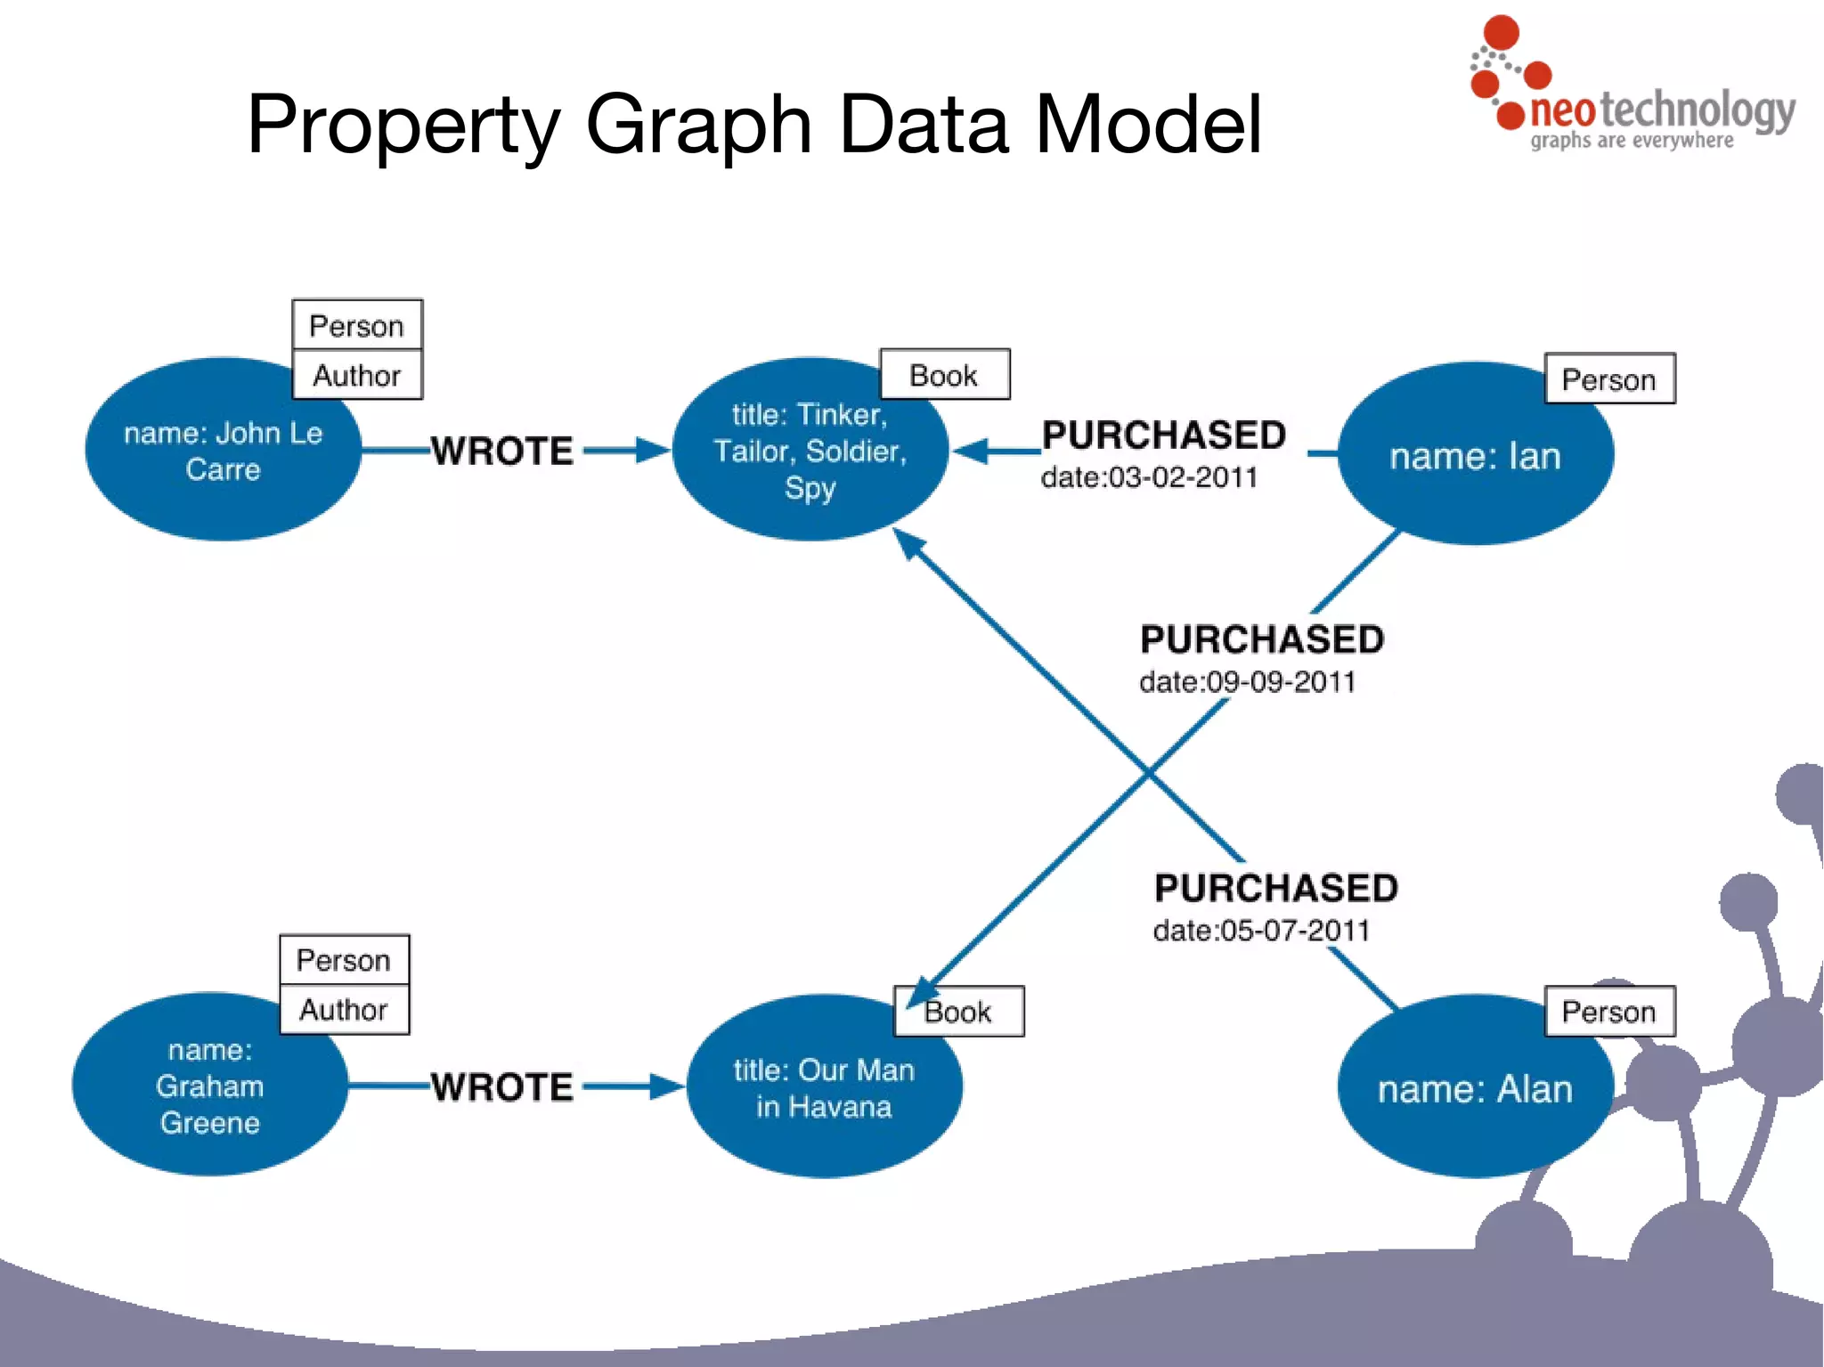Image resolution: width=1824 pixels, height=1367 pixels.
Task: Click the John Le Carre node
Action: (223, 451)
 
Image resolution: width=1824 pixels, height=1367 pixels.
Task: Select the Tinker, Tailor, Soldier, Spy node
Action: (809, 451)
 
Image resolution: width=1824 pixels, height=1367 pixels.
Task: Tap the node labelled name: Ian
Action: (1475, 456)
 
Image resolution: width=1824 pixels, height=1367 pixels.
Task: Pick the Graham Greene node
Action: (209, 1086)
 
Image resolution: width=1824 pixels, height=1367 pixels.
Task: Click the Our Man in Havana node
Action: (824, 1087)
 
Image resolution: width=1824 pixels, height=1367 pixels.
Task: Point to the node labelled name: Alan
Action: (1475, 1088)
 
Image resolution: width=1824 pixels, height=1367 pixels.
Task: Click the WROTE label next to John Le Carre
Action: (502, 452)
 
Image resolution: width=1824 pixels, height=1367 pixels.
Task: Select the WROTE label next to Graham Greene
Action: (502, 1087)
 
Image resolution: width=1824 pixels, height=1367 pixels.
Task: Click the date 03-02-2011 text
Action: (1149, 478)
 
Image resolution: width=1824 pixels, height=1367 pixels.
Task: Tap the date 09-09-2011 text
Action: (1247, 682)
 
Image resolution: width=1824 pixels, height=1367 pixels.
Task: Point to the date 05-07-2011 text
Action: (1261, 931)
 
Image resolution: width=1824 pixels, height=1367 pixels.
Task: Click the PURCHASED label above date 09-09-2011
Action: (1262, 639)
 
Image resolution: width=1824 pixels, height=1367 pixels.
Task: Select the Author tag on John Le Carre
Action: (357, 376)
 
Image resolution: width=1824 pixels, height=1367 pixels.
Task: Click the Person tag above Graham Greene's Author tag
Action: (344, 960)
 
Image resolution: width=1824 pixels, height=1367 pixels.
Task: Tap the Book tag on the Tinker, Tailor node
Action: (944, 375)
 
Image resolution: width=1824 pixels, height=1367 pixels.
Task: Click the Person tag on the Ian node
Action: (1608, 379)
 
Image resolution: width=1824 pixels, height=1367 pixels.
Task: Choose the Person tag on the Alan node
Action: (1608, 1012)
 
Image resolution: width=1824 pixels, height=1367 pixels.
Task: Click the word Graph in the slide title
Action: (698, 125)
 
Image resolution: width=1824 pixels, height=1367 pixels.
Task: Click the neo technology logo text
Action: (1661, 111)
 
